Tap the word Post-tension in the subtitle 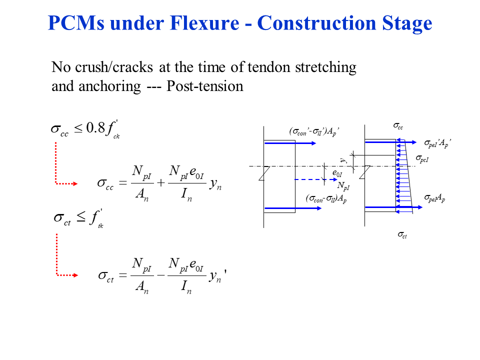pyautogui.click(x=205, y=86)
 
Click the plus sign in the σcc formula pyautogui.click(x=160, y=183)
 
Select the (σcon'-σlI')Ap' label pyautogui.click(x=314, y=132)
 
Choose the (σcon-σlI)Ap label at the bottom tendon pyautogui.click(x=326, y=198)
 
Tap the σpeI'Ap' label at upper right pyautogui.click(x=437, y=143)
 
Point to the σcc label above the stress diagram pyautogui.click(x=398, y=127)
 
